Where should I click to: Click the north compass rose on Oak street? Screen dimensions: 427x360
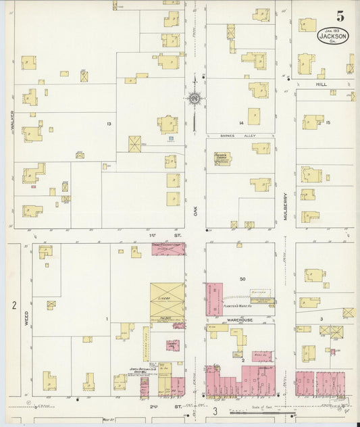coord(195,99)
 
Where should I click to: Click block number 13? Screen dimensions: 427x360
coord(108,124)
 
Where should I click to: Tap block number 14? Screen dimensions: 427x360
coord(240,123)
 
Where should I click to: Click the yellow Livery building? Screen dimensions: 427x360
coord(167,301)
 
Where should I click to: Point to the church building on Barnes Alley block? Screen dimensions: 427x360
coord(222,159)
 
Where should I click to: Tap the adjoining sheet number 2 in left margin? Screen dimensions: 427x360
coord(13,305)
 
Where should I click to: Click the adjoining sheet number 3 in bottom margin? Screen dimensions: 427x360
coord(215,411)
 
